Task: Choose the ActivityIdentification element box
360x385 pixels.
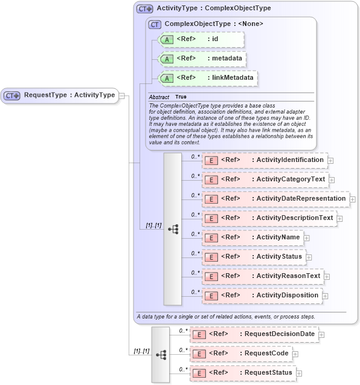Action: (x=265, y=160)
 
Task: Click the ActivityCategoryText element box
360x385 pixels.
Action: (x=265, y=180)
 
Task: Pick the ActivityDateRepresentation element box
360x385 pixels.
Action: (x=275, y=199)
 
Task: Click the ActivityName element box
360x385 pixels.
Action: (x=252, y=238)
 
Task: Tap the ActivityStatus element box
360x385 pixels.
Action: (x=254, y=257)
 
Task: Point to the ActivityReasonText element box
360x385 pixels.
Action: (x=263, y=276)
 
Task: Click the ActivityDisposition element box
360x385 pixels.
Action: (x=262, y=296)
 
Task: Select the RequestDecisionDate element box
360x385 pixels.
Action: (x=254, y=334)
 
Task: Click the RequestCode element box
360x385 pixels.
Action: (x=241, y=354)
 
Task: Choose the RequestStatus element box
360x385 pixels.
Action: (x=243, y=373)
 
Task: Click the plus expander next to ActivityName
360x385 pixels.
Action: (x=307, y=238)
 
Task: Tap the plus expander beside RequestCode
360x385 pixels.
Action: (x=295, y=354)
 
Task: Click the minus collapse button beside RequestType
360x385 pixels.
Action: (x=122, y=95)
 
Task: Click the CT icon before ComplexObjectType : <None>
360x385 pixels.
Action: (x=155, y=24)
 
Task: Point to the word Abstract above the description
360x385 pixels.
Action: (x=159, y=97)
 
